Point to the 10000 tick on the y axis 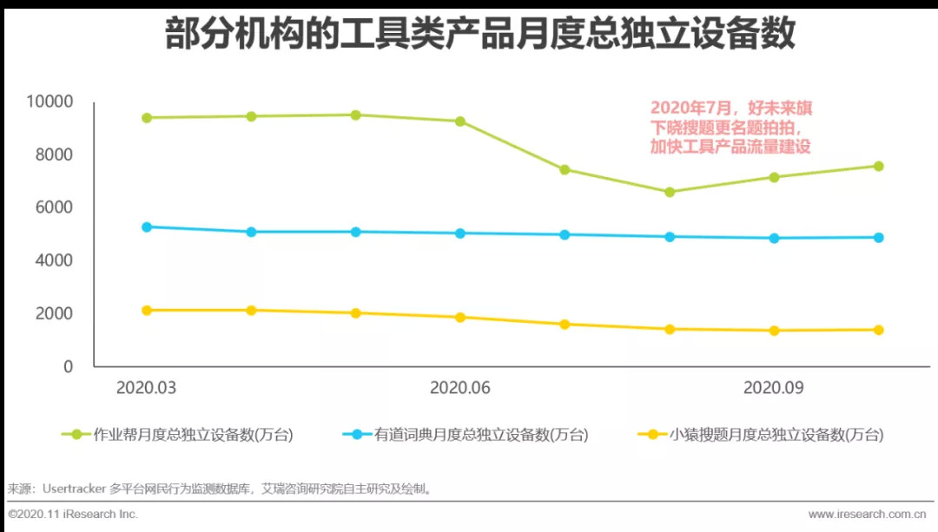click(x=50, y=102)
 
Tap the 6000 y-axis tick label click(x=54, y=207)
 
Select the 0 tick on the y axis click(x=68, y=366)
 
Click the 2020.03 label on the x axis click(x=147, y=388)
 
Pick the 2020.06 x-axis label click(x=460, y=388)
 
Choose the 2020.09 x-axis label click(x=773, y=388)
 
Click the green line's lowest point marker click(x=670, y=192)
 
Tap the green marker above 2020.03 click(x=147, y=118)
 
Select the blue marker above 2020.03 click(x=147, y=227)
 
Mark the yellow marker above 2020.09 click(x=774, y=331)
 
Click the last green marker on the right click(x=878, y=166)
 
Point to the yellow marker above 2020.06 click(x=460, y=318)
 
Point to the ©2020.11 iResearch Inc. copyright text click(x=73, y=515)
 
